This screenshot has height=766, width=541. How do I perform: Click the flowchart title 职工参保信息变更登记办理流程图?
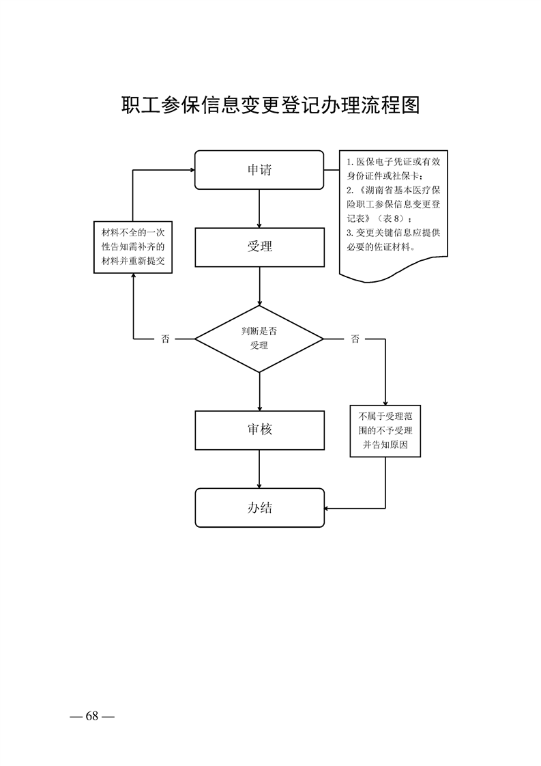[x=270, y=106]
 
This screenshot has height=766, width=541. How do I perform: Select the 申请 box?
[x=259, y=170]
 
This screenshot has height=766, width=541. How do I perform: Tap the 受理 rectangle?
[x=259, y=246]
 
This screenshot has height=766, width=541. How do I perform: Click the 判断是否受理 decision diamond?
[x=259, y=339]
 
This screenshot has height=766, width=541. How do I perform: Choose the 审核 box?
[x=259, y=429]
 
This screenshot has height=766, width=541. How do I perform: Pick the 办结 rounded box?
[x=259, y=507]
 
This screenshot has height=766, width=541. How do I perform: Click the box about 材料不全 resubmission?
[x=132, y=246]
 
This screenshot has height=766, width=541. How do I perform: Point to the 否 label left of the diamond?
[x=165, y=339]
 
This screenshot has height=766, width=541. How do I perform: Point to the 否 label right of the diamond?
[x=355, y=339]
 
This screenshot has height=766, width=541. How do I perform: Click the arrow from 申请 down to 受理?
[x=259, y=208]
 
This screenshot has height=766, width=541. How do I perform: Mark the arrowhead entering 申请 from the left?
[x=191, y=170]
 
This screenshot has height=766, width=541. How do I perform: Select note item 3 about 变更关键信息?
[x=393, y=239]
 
